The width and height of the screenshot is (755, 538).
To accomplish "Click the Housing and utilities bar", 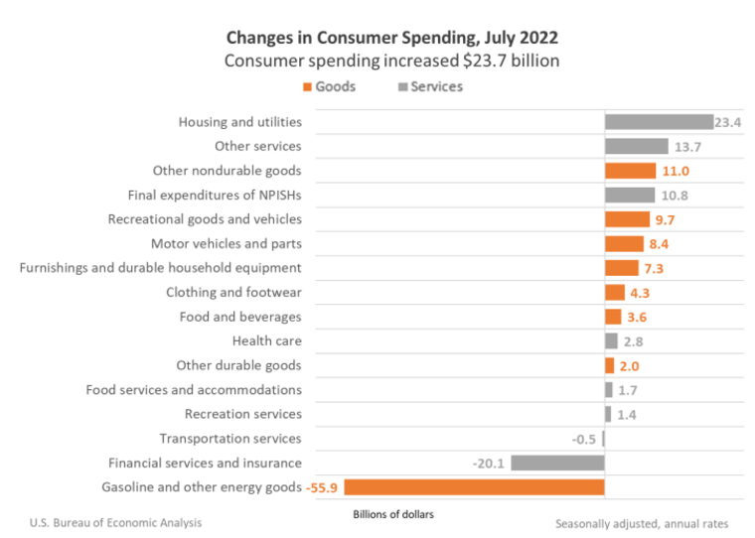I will (659, 122).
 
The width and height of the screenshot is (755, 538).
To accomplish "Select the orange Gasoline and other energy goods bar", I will (475, 486).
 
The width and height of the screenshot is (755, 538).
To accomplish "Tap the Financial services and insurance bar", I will (557, 463).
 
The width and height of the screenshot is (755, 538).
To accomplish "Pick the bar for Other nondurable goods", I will (630, 171).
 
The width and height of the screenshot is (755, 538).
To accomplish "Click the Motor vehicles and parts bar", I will (624, 243).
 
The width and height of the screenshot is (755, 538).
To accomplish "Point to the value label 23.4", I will (727, 122).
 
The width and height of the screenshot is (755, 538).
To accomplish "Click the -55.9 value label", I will (323, 487).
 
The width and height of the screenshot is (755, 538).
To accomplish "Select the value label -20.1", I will (489, 463).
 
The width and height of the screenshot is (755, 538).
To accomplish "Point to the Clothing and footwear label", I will (233, 292).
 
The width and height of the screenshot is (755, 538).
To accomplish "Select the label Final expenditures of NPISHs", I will (215, 195).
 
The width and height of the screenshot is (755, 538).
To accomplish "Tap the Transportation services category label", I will (230, 438).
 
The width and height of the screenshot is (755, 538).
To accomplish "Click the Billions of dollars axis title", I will (393, 514).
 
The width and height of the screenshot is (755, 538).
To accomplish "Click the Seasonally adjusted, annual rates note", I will (642, 523).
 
